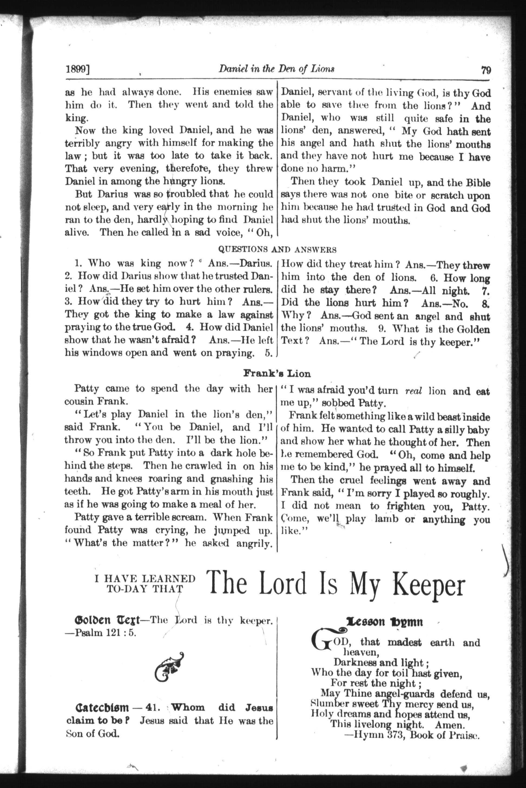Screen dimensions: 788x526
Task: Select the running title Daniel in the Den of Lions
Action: (x=277, y=69)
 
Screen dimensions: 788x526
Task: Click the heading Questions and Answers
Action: (x=277, y=249)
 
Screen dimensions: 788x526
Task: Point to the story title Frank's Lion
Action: (x=277, y=373)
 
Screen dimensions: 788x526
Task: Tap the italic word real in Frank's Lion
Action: (x=413, y=391)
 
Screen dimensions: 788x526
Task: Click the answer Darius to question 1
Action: (x=255, y=263)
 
